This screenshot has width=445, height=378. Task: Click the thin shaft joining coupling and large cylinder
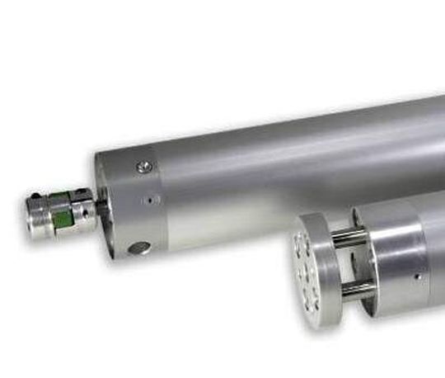tap(101, 206)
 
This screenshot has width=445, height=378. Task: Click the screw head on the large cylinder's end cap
tap(145, 168)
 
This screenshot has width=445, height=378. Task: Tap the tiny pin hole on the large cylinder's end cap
tap(148, 200)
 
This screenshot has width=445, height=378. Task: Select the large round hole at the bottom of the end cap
tap(139, 248)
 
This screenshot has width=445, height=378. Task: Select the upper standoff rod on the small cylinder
tap(349, 238)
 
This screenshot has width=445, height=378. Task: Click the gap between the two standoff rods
tap(353, 263)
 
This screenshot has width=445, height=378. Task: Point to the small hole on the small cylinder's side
tap(417, 276)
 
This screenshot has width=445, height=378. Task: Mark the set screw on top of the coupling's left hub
tap(35, 196)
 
